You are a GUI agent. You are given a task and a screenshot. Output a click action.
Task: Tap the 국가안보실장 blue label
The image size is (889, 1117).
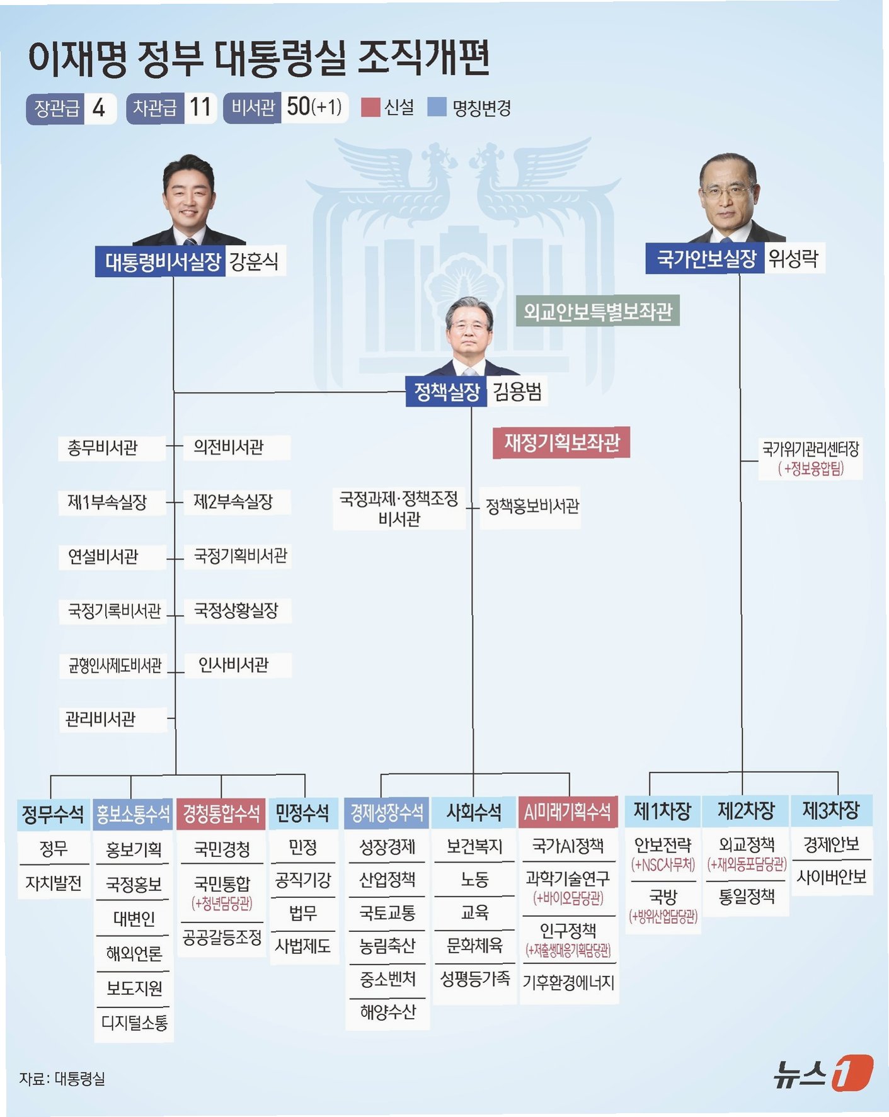705,259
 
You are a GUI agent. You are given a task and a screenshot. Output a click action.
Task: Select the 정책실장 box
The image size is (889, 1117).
447,392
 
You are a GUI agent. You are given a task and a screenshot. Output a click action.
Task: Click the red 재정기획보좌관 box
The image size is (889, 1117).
561,443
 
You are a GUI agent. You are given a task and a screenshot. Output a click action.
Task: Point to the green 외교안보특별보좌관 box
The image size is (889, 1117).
597,311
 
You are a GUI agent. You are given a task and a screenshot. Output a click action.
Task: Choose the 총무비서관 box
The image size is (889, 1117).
103,448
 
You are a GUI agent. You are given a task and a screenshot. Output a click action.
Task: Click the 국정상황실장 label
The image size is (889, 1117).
236,610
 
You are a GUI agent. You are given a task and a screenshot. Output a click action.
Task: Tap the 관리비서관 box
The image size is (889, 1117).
101,718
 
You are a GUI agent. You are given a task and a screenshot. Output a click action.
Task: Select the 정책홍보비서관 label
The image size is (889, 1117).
532,506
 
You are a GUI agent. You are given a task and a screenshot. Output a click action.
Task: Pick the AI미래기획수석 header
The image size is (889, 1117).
568,812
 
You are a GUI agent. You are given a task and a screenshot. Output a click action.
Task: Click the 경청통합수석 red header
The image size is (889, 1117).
221,814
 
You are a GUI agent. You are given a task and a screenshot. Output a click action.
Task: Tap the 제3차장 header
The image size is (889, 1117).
830,810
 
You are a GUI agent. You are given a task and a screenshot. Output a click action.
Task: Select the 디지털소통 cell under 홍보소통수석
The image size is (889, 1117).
134,1023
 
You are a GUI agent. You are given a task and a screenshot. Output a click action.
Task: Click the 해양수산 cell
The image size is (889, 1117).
387,1012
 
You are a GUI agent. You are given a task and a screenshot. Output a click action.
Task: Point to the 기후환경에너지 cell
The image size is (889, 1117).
568,982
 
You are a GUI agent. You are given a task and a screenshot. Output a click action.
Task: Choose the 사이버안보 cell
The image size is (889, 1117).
831,876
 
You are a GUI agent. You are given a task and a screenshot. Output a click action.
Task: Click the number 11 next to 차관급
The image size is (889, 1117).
200,108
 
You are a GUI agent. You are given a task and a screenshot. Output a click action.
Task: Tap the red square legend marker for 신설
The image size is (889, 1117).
370,107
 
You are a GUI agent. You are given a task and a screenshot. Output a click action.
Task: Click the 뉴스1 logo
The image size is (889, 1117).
823,1072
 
